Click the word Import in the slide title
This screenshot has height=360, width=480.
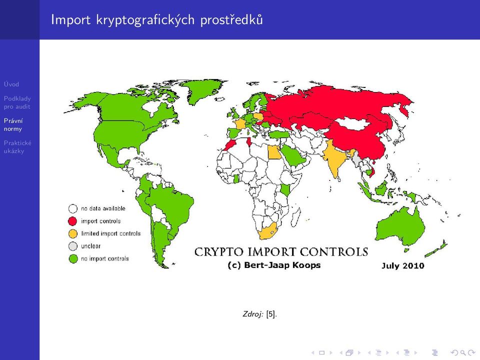pyautogui.click(x=70, y=19)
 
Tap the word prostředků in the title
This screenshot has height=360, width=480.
pyautogui.click(x=231, y=19)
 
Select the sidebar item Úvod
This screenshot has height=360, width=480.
pyautogui.click(x=11, y=84)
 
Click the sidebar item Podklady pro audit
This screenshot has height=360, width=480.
pyautogui.click(x=17, y=102)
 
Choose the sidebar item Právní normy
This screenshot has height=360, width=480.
pyautogui.click(x=13, y=124)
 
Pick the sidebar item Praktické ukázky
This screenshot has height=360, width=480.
pyautogui.click(x=17, y=147)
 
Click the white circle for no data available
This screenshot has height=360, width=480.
pyautogui.click(x=73, y=209)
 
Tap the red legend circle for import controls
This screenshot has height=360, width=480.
pyautogui.click(x=73, y=221)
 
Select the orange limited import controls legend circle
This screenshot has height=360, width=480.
pyautogui.click(x=73, y=233)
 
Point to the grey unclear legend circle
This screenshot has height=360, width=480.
pyautogui.click(x=73, y=246)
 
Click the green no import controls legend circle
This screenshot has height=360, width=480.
pyautogui.click(x=73, y=258)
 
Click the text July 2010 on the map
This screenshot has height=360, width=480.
pyautogui.click(x=402, y=265)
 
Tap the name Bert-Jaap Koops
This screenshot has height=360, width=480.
pyautogui.click(x=282, y=265)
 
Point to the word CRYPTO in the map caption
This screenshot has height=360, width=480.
pyautogui.click(x=219, y=252)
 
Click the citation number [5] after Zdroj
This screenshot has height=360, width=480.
pyautogui.click(x=270, y=314)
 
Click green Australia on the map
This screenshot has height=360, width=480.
pyautogui.click(x=399, y=226)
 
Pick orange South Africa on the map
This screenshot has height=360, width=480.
pyautogui.click(x=267, y=231)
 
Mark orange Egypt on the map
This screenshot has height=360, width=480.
pyautogui.click(x=274, y=152)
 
